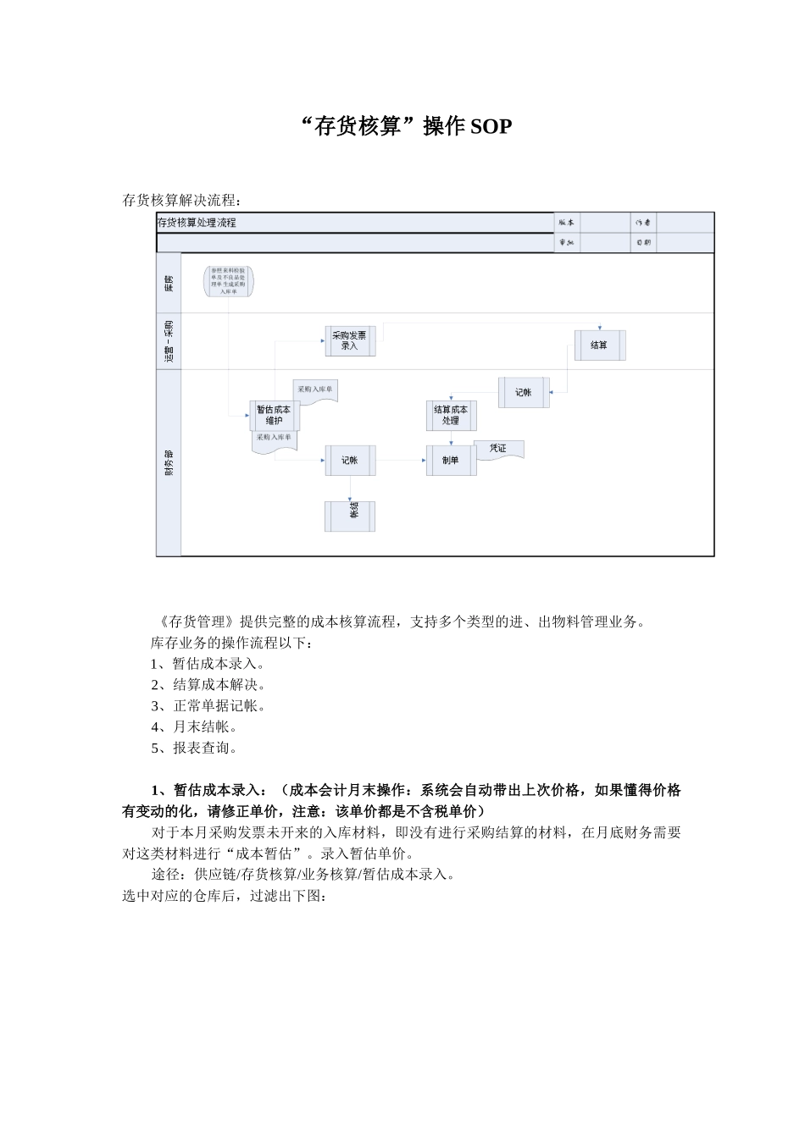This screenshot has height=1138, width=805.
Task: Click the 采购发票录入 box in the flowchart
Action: (350, 340)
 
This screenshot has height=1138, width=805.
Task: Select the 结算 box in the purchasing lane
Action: (599, 345)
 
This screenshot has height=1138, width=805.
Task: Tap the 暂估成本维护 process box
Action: (274, 415)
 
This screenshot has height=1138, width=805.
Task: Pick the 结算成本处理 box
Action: (451, 415)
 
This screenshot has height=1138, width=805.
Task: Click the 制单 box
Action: (451, 460)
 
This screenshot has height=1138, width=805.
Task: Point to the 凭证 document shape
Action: (499, 449)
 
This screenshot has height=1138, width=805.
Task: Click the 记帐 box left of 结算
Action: (524, 392)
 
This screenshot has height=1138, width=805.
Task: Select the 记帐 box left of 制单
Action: (350, 460)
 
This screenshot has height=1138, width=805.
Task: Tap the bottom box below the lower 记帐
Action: (350, 516)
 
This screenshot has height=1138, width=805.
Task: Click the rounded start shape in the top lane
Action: (229, 281)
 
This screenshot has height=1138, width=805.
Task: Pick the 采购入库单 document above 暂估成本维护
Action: (315, 390)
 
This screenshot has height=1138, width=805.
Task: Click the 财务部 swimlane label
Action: (169, 461)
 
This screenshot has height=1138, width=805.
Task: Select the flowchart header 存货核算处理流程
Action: (197, 223)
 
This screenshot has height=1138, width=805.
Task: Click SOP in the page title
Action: (491, 127)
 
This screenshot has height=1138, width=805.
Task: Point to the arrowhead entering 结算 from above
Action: (599, 328)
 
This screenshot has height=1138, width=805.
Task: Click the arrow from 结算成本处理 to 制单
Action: (451, 439)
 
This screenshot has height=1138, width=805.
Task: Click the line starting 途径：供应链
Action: (303, 875)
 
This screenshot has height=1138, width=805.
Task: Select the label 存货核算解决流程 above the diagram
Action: (181, 201)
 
